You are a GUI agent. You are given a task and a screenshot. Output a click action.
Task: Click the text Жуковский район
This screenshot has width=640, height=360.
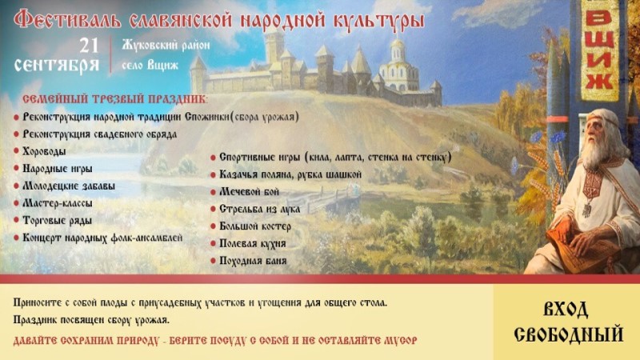tap(166, 45)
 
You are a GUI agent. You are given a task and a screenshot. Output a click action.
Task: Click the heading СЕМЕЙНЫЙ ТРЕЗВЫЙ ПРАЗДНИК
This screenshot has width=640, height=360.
tap(112, 99)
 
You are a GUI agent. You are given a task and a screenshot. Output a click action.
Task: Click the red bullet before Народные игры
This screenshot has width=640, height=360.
tap(17, 169)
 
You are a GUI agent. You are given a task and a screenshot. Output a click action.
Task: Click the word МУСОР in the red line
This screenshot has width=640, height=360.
tap(398, 340)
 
